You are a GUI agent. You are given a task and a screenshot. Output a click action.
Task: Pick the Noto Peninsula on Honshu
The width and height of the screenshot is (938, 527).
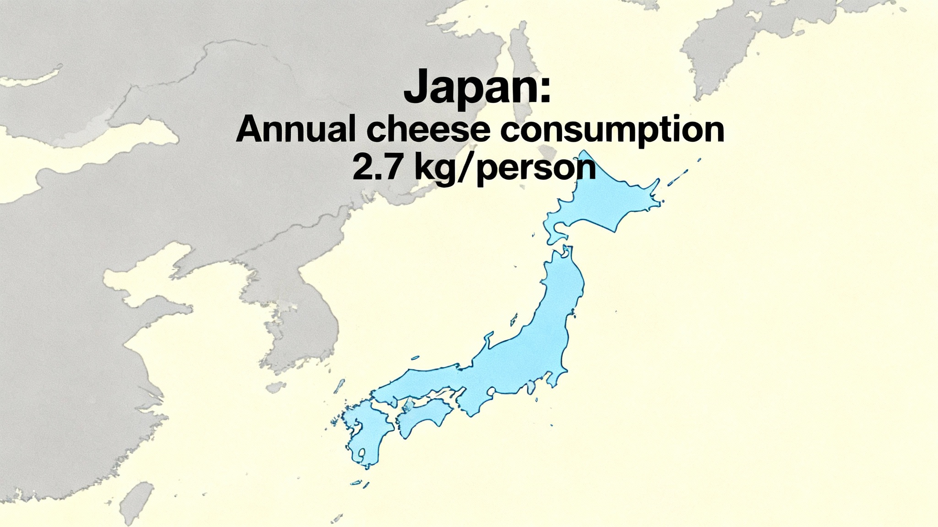click(x=487, y=341)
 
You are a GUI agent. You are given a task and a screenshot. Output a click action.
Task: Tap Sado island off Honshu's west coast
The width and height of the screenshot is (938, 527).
click(x=513, y=319)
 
